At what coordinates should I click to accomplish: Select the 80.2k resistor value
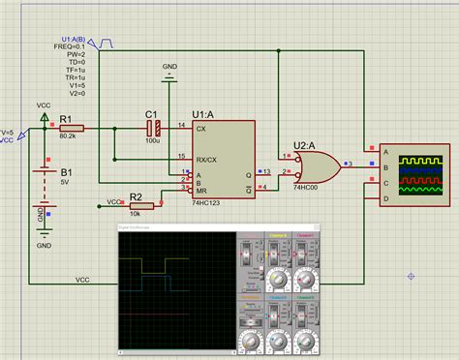click(x=69, y=137)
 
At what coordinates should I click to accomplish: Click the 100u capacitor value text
click(x=152, y=141)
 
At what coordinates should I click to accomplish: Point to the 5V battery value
click(x=65, y=181)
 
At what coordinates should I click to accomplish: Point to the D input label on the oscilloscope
click(x=386, y=198)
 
